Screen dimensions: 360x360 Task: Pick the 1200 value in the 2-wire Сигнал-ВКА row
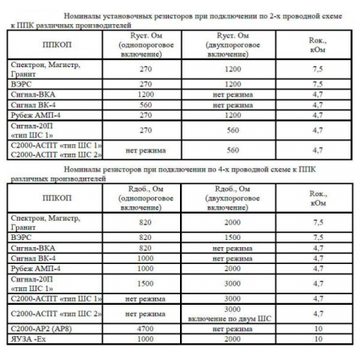point(146,93)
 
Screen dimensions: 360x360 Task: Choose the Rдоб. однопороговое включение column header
point(146,199)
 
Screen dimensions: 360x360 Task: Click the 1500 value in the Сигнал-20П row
point(146,282)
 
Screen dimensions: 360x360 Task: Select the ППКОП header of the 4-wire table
point(55,199)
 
